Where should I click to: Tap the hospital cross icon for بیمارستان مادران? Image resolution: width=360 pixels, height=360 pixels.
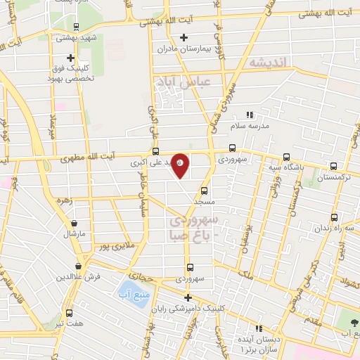tap(184, 37)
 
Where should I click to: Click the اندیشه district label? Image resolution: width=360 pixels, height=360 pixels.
tap(269, 63)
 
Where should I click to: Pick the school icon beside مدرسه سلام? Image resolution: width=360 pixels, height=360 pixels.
tap(248, 115)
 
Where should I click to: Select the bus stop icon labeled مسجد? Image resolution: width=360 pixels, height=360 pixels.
tap(205, 190)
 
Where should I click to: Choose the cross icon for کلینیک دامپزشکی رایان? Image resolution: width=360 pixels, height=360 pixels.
tap(187, 297)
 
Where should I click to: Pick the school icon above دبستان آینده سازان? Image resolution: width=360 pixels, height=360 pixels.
tap(258, 328)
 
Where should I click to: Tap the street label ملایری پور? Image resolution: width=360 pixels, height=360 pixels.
tap(115, 246)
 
